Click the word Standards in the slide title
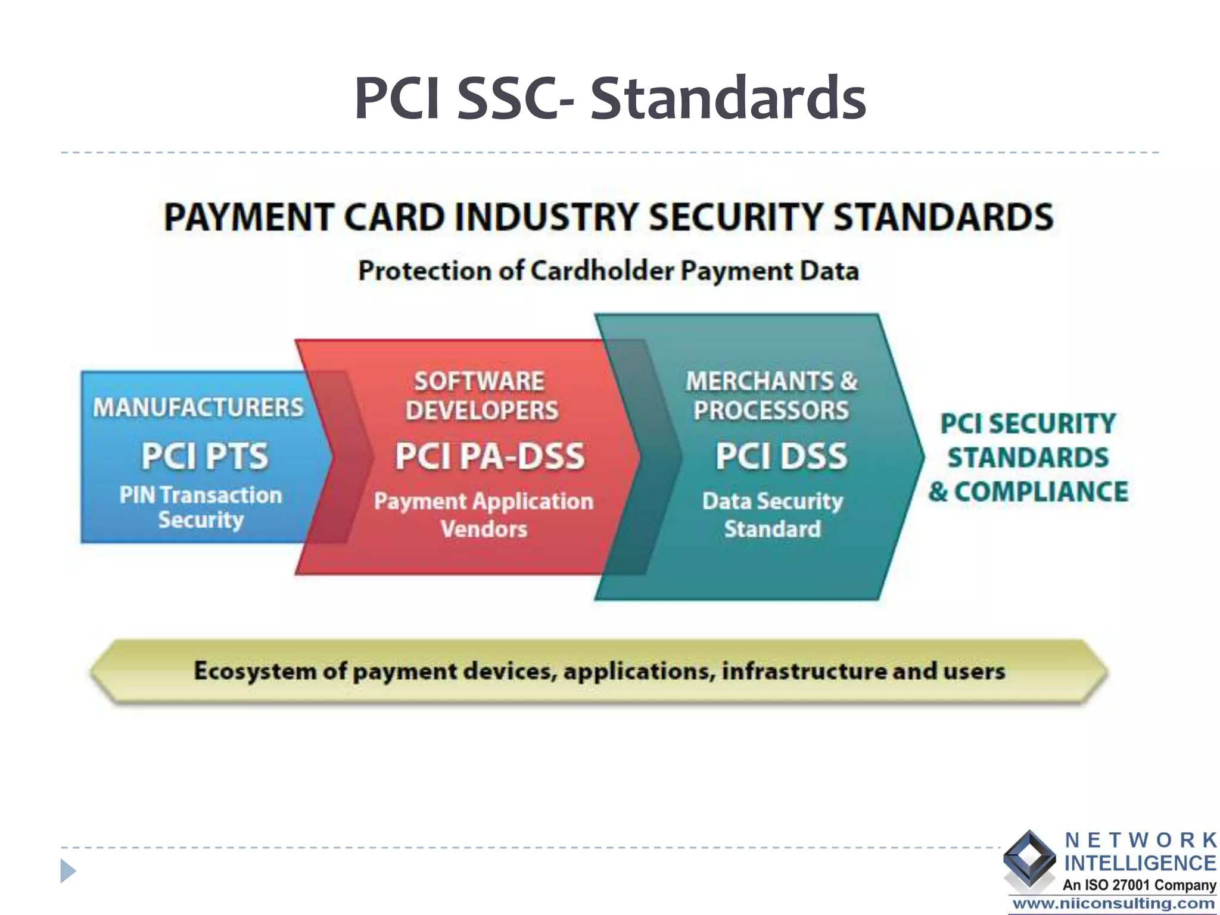tap(728, 98)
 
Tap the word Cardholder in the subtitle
tap(602, 271)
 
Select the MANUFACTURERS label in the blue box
tap(198, 407)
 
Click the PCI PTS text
tap(204, 456)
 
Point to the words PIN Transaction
tap(200, 495)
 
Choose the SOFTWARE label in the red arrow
tap(480, 381)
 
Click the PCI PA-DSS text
tap(490, 456)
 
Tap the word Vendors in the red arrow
tap(484, 529)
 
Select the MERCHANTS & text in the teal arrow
tap(771, 381)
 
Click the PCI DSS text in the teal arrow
tap(781, 456)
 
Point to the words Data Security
tap(773, 501)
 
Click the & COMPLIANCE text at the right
tap(1028, 492)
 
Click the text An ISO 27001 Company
tap(1139, 885)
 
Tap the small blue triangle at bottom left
tap(68, 871)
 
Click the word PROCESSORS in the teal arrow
tap(771, 410)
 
